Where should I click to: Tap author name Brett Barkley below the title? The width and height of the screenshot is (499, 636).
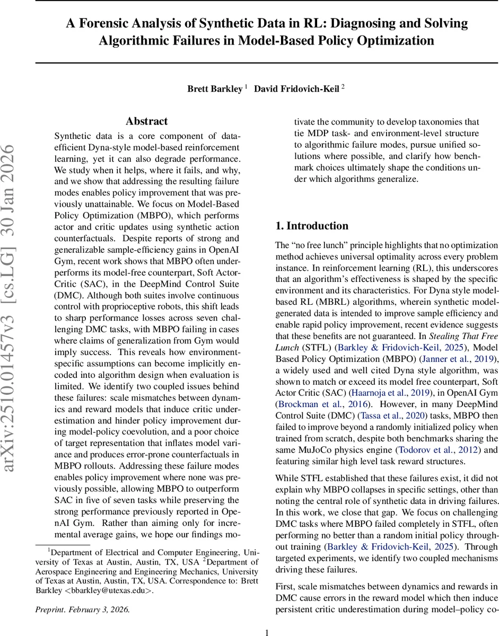tap(215, 89)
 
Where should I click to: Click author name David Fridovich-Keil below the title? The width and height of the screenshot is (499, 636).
tap(296, 89)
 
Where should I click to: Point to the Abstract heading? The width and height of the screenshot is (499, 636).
tap(147, 121)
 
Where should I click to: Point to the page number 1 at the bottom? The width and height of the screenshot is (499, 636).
tap(267, 632)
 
